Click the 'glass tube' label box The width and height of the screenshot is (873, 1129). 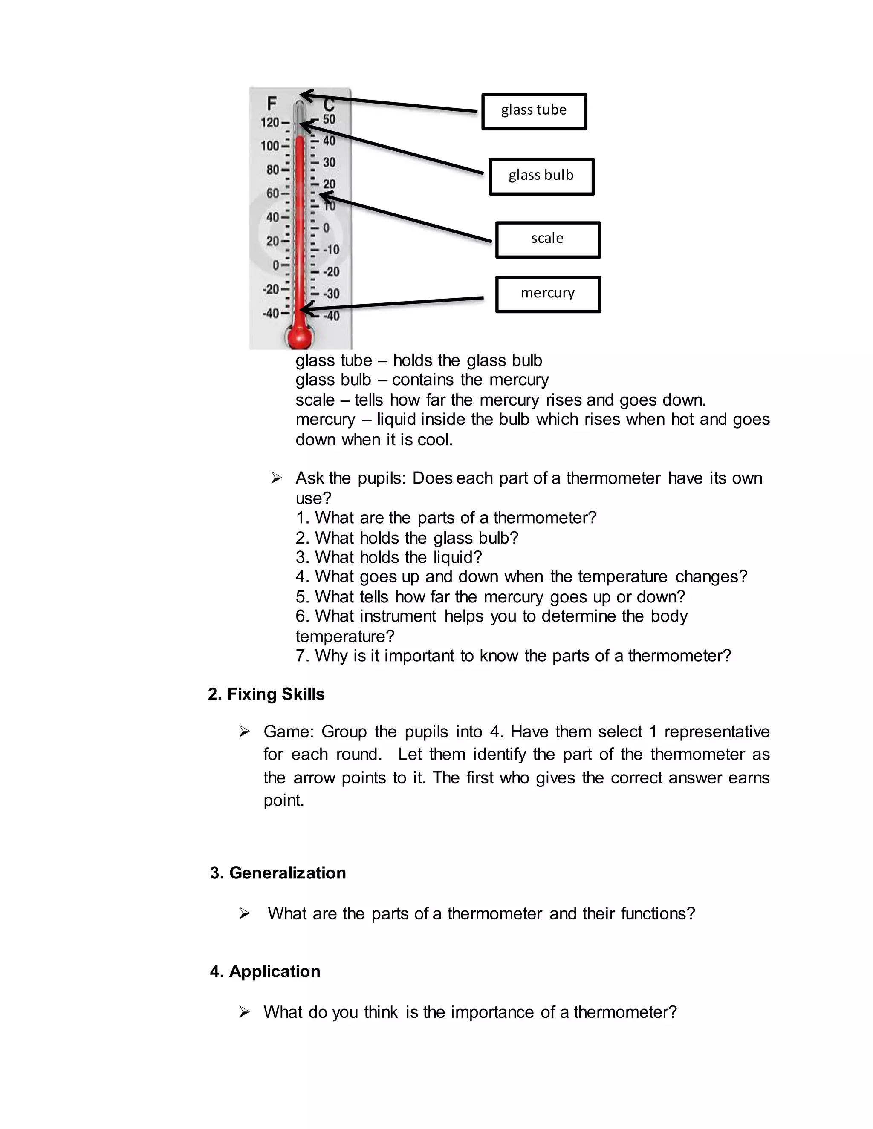coord(534,111)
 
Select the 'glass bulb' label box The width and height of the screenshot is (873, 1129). coord(541,176)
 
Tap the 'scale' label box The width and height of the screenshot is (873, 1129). coord(547,239)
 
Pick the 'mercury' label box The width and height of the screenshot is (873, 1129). coord(547,294)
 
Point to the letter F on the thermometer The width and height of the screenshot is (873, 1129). coord(272,104)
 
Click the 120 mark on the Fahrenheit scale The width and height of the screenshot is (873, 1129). coord(270,123)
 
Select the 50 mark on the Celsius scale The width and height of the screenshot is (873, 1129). coord(330,119)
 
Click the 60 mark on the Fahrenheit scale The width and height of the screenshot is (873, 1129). coord(272,193)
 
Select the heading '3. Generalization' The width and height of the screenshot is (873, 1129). coord(278,873)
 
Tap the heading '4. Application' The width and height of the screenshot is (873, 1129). coord(265,971)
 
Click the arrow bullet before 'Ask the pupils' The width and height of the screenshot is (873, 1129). coord(276,478)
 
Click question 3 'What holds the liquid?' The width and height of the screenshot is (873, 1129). coord(388,557)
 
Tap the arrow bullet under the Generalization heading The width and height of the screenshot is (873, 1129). coord(244,914)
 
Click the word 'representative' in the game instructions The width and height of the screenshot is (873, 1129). coord(717,732)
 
